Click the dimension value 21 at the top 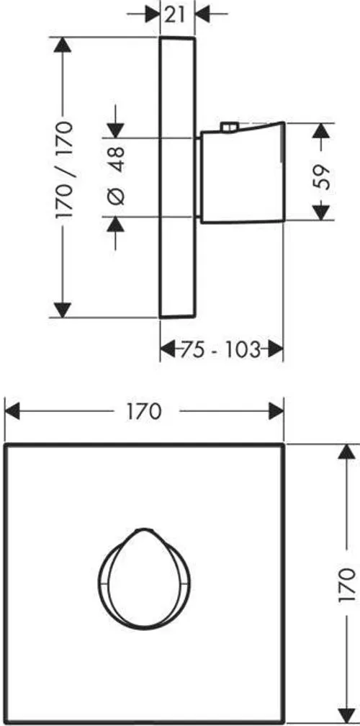(x=176, y=14)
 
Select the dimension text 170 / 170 (x=63, y=170)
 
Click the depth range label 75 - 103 (x=220, y=349)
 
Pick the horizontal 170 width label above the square (x=145, y=411)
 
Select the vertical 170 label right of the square (x=347, y=585)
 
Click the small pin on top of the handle (x=228, y=127)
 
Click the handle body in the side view (x=241, y=173)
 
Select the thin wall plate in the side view (x=177, y=177)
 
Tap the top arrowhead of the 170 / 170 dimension (x=63, y=45)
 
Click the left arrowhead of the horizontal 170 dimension (x=12, y=411)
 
